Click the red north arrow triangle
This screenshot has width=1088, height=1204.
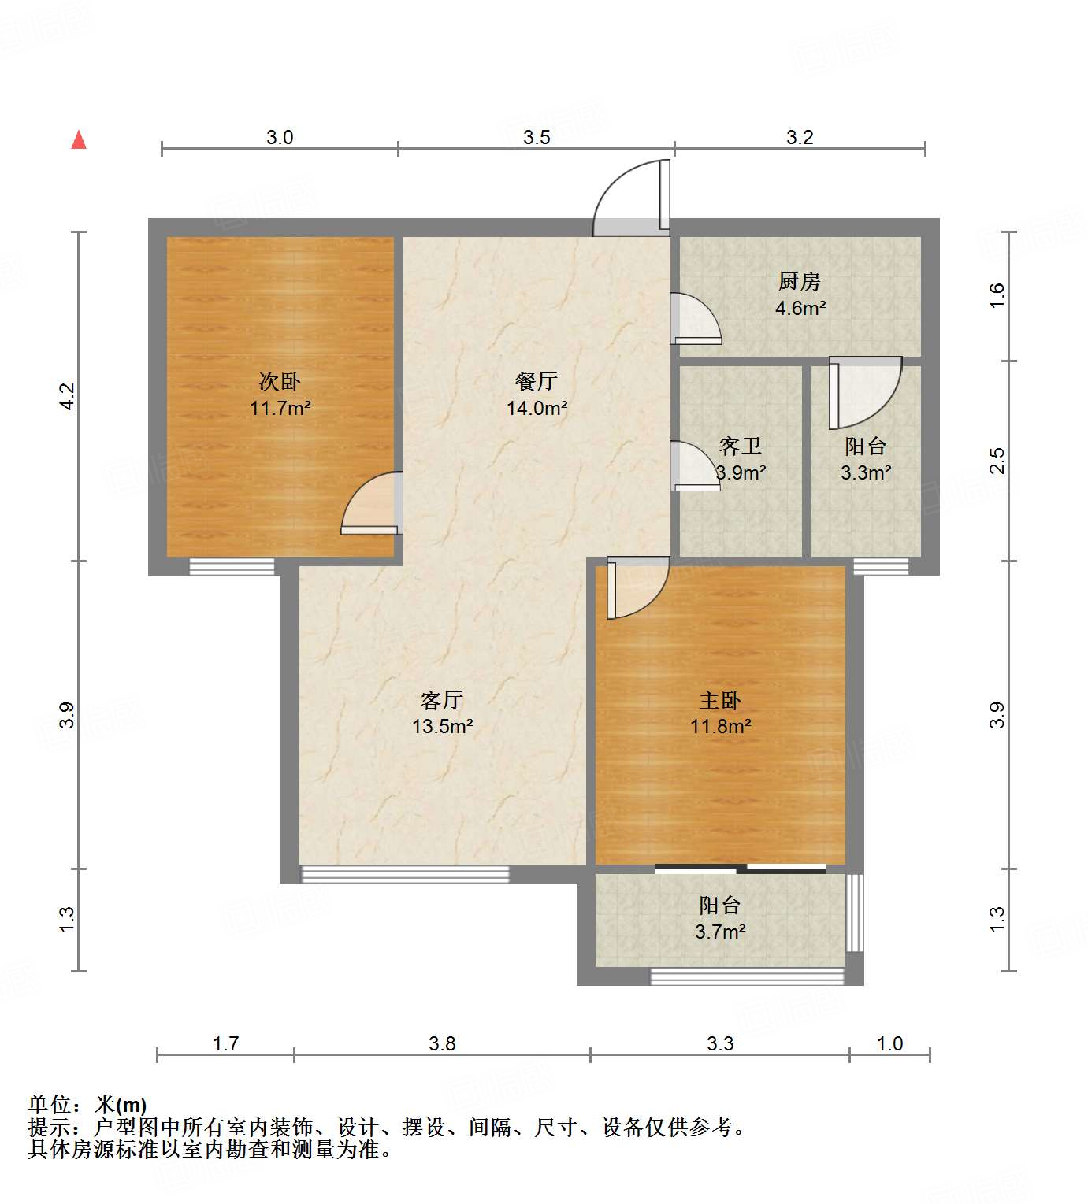click(79, 140)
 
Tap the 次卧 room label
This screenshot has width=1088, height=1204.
click(280, 382)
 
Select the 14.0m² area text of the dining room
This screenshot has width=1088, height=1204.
click(537, 408)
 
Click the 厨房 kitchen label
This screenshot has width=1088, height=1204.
click(800, 281)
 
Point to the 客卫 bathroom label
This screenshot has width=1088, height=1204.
click(741, 446)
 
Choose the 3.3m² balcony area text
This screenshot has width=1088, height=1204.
click(866, 472)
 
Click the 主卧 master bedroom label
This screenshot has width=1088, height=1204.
click(720, 700)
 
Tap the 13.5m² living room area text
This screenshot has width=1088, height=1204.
click(442, 726)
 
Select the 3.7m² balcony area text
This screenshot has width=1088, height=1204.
click(720, 932)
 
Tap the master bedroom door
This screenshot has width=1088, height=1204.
click(637, 587)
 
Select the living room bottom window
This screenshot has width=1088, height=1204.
click(405, 873)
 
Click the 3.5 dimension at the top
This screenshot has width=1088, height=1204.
click(537, 138)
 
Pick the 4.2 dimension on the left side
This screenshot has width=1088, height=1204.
click(67, 395)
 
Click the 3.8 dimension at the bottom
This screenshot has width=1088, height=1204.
click(442, 1043)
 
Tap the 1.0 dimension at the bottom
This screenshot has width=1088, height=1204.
click(889, 1043)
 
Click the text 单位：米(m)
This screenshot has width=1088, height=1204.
click(87, 1105)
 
